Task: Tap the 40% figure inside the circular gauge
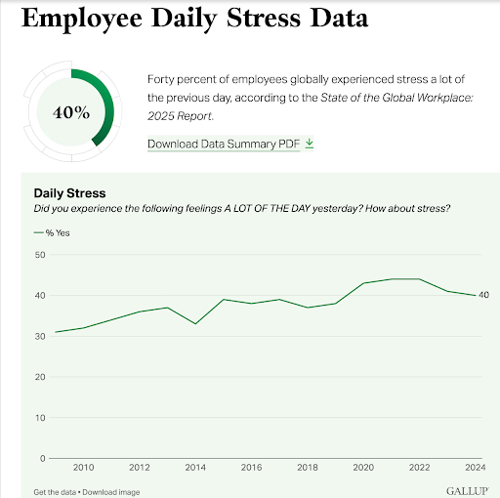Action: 69,112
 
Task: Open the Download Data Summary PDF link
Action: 224,144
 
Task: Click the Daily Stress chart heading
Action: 69,193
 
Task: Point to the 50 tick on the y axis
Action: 40,255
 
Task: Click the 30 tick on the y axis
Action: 40,336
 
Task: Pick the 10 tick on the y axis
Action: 40,417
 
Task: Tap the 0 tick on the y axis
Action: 43,458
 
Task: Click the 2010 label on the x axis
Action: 84,468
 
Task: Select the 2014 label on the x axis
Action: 195,468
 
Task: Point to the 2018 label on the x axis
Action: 308,468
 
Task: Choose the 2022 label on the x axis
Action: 419,468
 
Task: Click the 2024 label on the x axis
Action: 476,468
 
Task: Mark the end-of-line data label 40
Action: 483,295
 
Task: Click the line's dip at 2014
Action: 195,323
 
